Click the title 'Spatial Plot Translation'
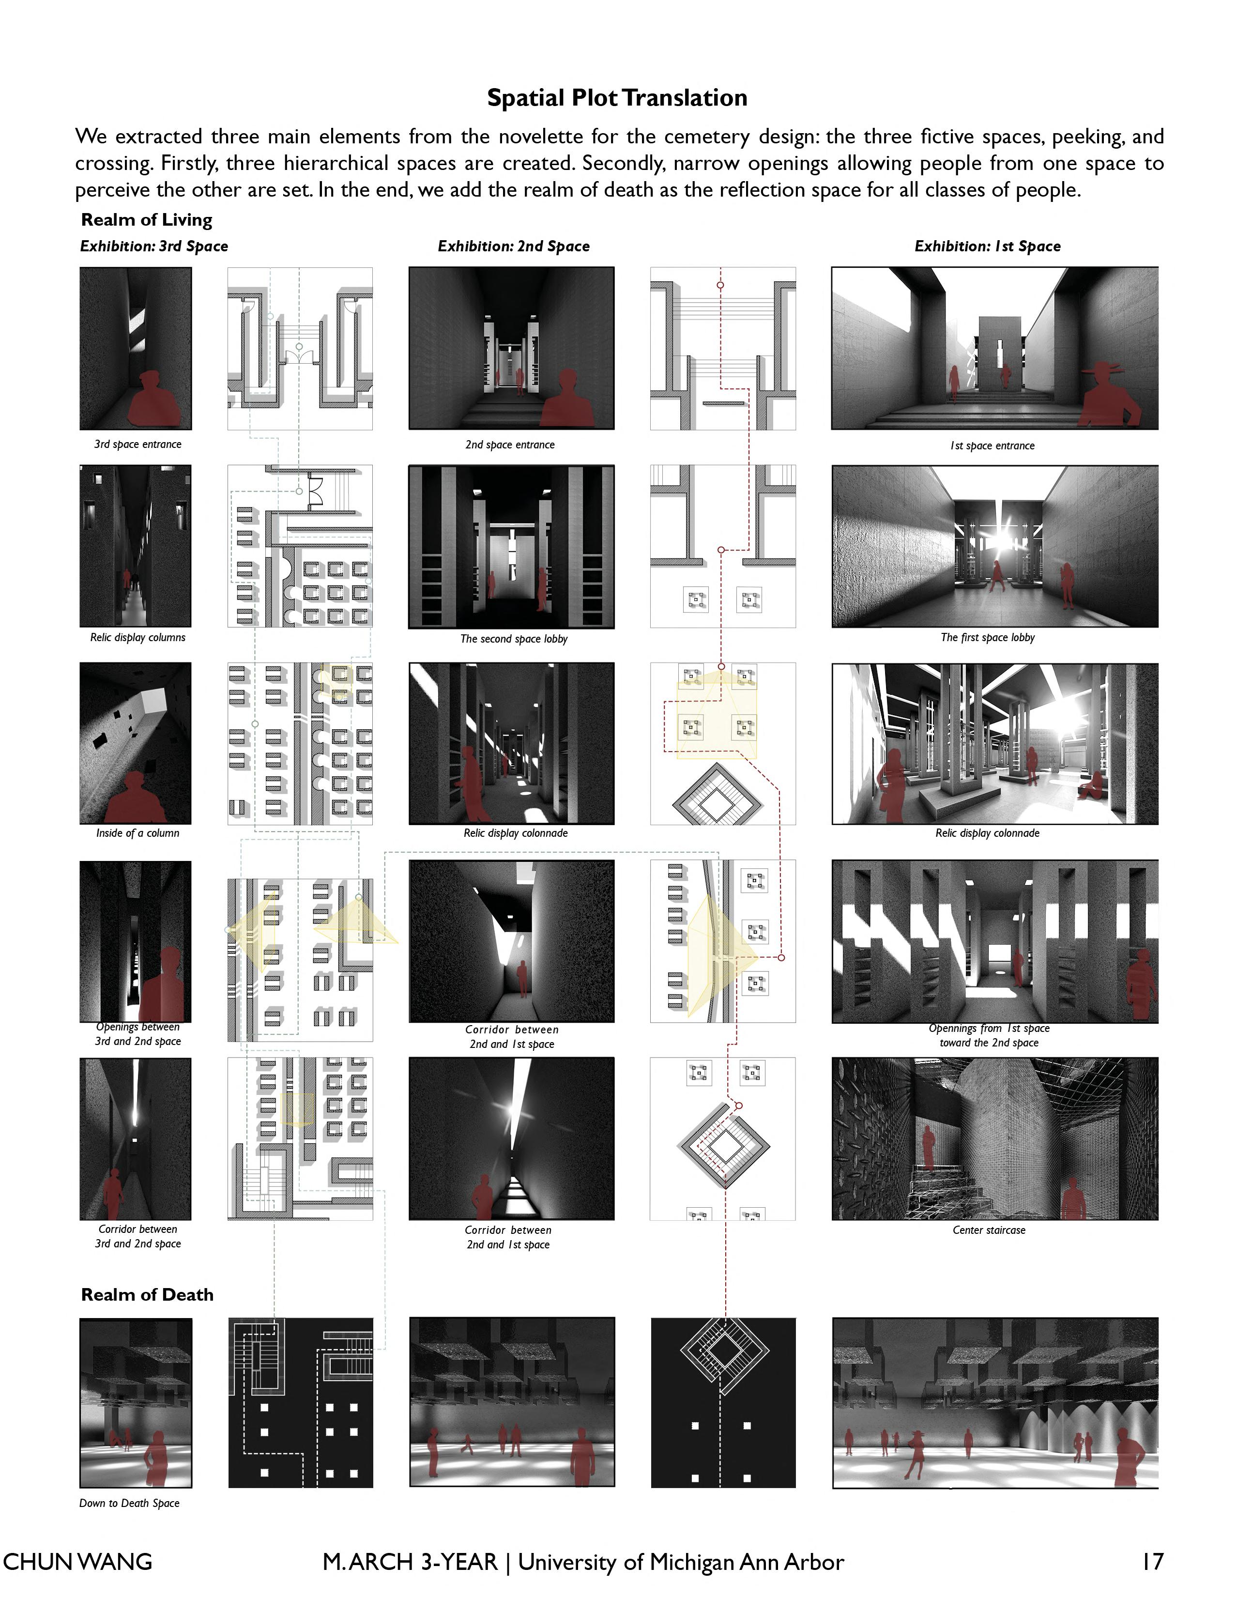tap(617, 98)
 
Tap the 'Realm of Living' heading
tap(146, 219)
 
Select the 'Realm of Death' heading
tap(147, 1294)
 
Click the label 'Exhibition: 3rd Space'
tap(153, 246)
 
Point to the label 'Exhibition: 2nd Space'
tap(514, 246)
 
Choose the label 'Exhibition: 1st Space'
tap(988, 246)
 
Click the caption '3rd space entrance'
tap(137, 444)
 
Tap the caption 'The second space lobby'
tap(514, 639)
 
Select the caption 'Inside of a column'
tap(137, 833)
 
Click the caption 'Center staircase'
tap(989, 1230)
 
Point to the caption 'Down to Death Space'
tap(129, 1503)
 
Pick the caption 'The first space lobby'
tap(988, 637)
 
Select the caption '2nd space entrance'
tap(510, 444)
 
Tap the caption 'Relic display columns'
tap(137, 637)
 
